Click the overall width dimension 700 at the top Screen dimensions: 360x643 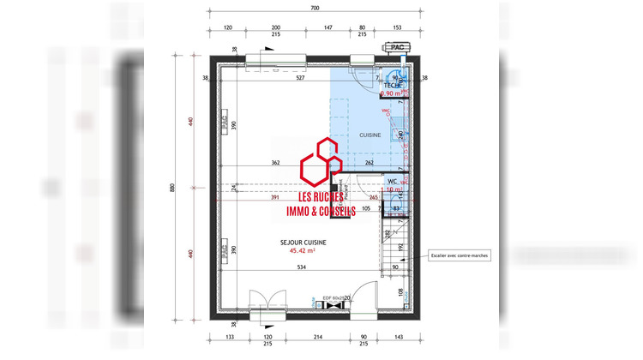pyautogui.click(x=314, y=8)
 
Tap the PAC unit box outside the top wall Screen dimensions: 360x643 pyautogui.click(x=398, y=48)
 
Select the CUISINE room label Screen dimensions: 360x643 pyautogui.click(x=370, y=135)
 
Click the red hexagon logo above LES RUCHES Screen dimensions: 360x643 pyautogui.click(x=321, y=160)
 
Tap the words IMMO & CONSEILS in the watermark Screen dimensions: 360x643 pyautogui.click(x=321, y=212)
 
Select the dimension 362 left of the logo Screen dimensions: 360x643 pyautogui.click(x=275, y=163)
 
